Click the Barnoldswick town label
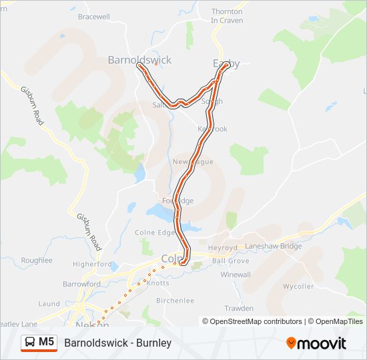tap(139, 60)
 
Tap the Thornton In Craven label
tap(227, 16)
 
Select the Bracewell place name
tap(93, 16)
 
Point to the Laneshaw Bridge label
tap(274, 246)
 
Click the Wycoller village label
tap(298, 286)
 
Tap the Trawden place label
tap(238, 309)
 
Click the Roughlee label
tap(36, 260)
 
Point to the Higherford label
tap(93, 264)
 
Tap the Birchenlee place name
tap(174, 301)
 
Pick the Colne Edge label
tap(155, 233)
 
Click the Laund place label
tap(49, 303)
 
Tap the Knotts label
tap(157, 283)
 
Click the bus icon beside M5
tap(30, 343)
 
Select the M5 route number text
tap(46, 343)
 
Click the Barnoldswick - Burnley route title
tap(118, 343)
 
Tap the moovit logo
tap(316, 343)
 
